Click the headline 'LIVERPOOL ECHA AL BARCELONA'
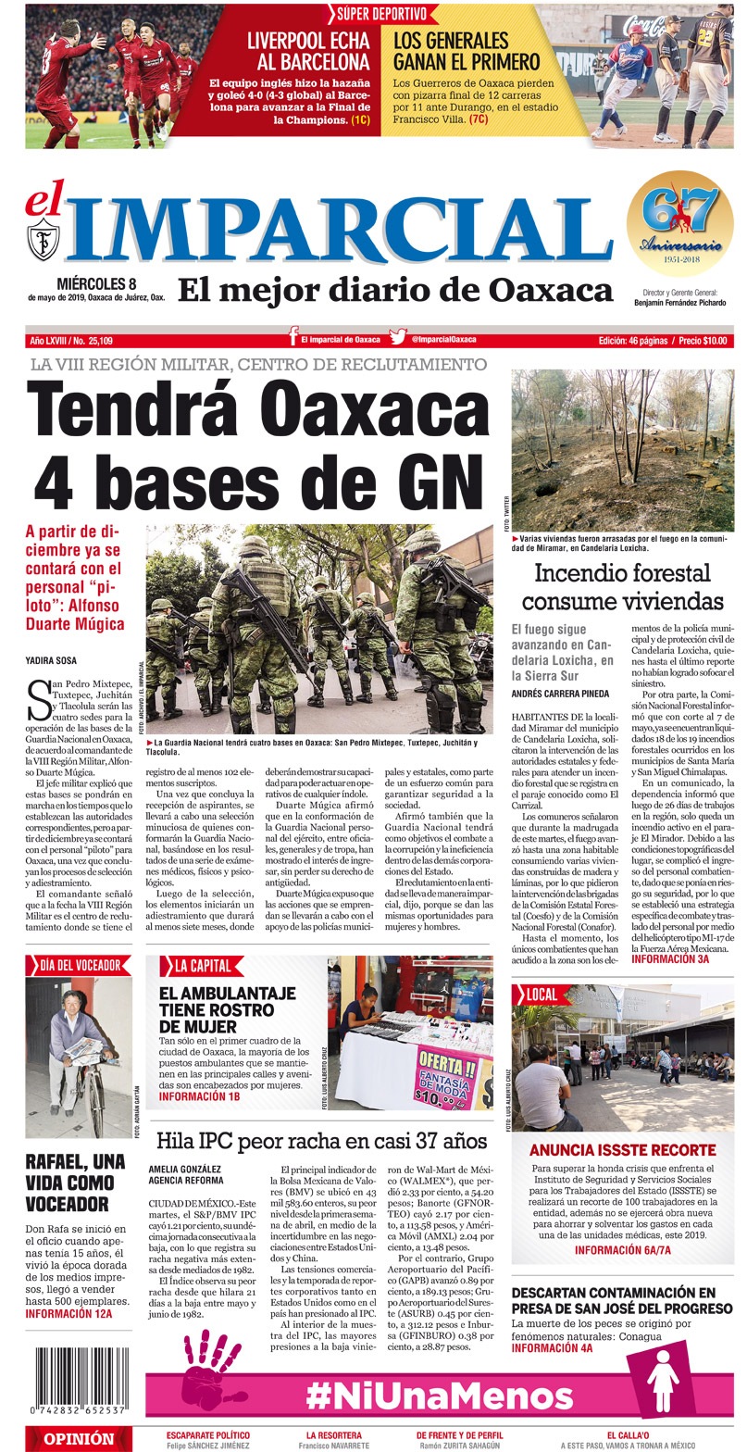(307, 52)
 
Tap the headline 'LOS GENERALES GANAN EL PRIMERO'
(466, 52)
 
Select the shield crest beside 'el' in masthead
(44, 238)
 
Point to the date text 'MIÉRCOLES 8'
(96, 282)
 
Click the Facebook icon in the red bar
(293, 340)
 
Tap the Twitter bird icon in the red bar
(398, 340)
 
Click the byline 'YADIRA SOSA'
(53, 660)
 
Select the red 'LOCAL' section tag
(540, 995)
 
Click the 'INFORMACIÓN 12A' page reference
(68, 1313)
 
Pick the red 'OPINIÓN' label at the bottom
(79, 1439)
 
